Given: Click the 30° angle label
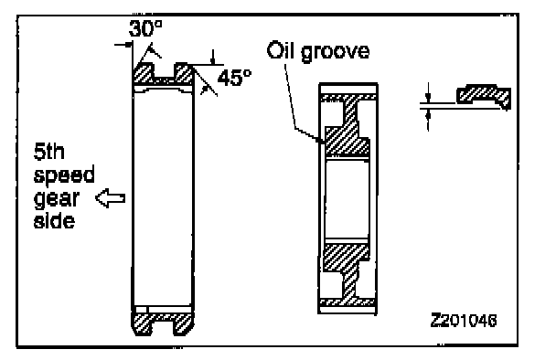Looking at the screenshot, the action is point(145,28).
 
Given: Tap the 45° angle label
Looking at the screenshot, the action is point(234,78).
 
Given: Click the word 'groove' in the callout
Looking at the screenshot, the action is point(335,52).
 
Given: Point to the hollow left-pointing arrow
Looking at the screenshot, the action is point(111,197).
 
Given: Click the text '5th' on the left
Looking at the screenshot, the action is point(49,152).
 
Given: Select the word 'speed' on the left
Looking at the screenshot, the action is point(64,175).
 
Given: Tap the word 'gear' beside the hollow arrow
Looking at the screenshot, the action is point(56,199).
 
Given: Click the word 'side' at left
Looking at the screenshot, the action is point(54,220).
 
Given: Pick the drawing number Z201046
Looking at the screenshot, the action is point(464,321).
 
